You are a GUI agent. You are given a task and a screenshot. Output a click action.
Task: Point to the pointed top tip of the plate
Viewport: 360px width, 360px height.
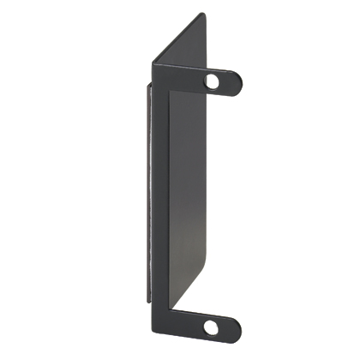pyautogui.click(x=201, y=14)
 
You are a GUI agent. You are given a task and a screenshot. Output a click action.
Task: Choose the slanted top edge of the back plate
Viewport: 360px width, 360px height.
pyautogui.click(x=178, y=38)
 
